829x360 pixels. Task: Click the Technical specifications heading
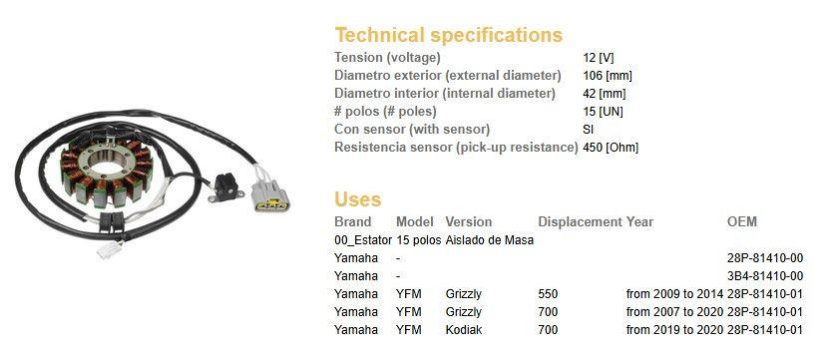pyautogui.click(x=448, y=36)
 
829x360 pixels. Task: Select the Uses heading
pyautogui.click(x=357, y=199)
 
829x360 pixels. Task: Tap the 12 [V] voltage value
pyautogui.click(x=599, y=58)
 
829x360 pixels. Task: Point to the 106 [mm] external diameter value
pyautogui.click(x=607, y=76)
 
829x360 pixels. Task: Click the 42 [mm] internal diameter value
pyautogui.click(x=605, y=94)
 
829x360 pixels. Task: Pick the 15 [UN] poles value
pyautogui.click(x=603, y=112)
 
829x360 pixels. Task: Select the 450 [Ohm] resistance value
pyautogui.click(x=611, y=148)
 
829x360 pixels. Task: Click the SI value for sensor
pyautogui.click(x=588, y=130)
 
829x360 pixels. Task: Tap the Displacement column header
pyautogui.click(x=580, y=222)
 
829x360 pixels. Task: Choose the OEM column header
pyautogui.click(x=742, y=222)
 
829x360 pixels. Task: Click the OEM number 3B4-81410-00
pyautogui.click(x=765, y=276)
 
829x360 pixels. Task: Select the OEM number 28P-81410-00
pyautogui.click(x=765, y=258)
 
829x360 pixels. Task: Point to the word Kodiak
pyautogui.click(x=464, y=330)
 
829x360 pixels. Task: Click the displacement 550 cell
pyautogui.click(x=548, y=294)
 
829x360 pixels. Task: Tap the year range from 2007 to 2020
pyautogui.click(x=674, y=312)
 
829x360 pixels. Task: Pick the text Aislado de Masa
pyautogui.click(x=490, y=240)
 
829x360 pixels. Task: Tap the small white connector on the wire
pyautogui.click(x=110, y=248)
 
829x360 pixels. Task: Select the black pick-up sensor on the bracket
pyautogui.click(x=225, y=186)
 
